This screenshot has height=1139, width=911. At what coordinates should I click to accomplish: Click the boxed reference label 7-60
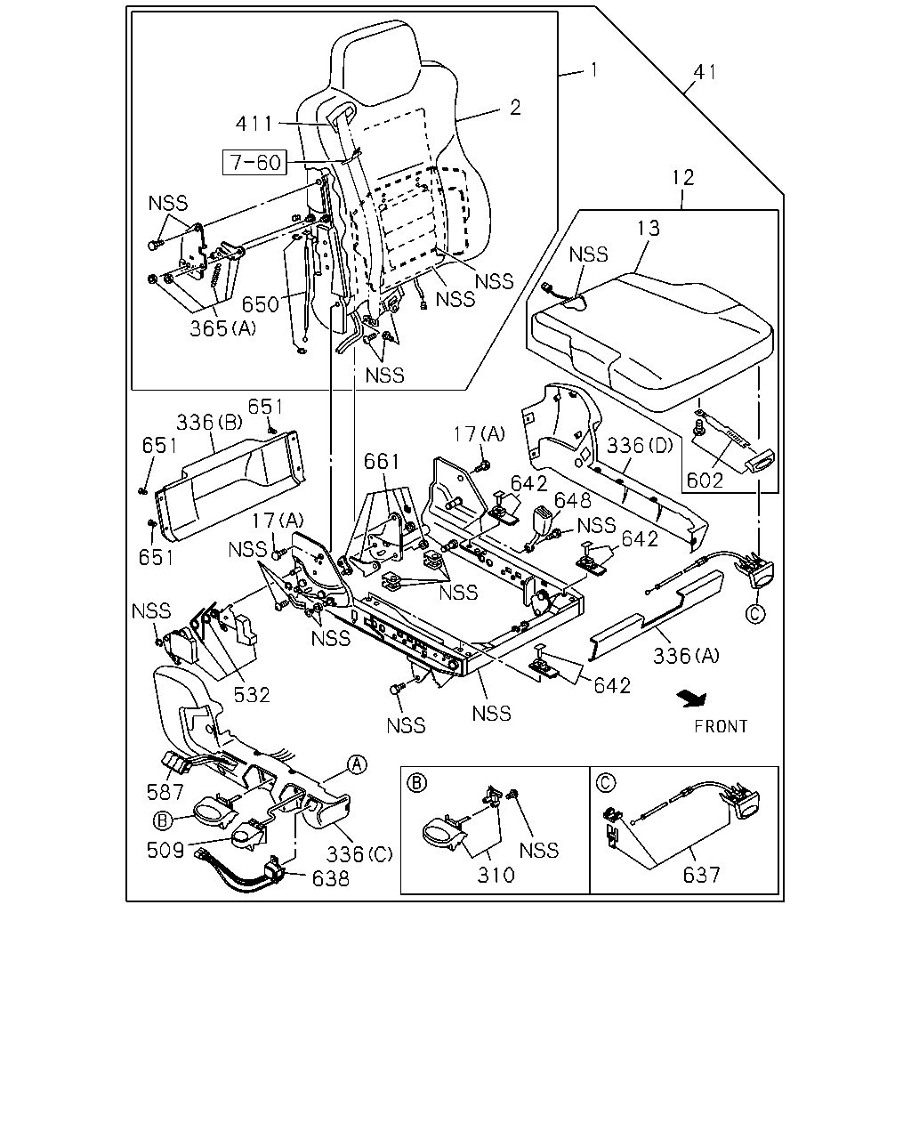tap(254, 162)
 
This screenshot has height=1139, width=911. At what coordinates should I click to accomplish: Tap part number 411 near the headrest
tap(254, 124)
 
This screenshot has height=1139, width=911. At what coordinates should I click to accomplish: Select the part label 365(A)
tap(222, 328)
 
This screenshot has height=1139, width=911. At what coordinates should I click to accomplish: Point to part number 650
tap(260, 305)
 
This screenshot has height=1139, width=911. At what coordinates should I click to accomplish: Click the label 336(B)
tap(209, 423)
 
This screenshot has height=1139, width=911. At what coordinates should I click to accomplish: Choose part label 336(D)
tap(640, 446)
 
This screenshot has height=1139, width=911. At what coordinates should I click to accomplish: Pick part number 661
tap(381, 462)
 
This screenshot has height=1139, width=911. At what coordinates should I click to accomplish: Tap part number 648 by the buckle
tap(572, 500)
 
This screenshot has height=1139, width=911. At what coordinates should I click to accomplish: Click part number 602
tap(705, 480)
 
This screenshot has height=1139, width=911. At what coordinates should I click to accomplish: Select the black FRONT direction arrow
tap(693, 699)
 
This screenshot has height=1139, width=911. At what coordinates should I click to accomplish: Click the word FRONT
tap(721, 727)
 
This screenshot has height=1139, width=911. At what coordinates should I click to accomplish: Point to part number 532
tap(252, 694)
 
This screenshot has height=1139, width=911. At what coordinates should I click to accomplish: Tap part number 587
tap(165, 792)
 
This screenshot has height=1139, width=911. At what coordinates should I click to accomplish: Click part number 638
tap(331, 878)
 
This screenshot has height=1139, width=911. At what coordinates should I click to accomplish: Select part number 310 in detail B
tap(496, 875)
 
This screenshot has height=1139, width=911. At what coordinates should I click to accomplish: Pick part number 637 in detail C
tap(701, 875)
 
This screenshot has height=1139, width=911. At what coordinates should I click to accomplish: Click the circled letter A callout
tap(358, 764)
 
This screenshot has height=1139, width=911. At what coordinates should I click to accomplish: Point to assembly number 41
tap(705, 72)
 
